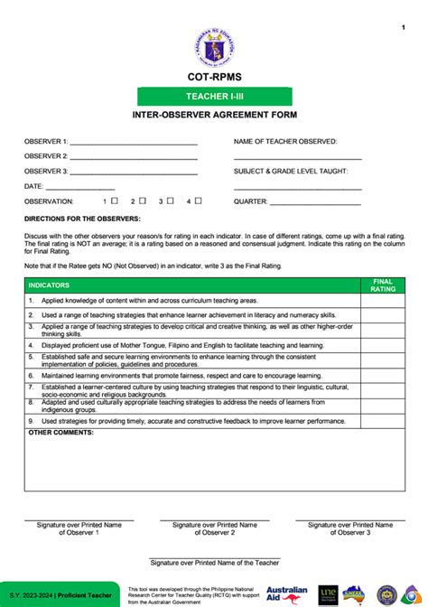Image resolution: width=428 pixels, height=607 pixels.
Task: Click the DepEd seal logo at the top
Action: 213,42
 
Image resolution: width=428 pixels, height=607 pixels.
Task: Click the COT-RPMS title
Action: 213,79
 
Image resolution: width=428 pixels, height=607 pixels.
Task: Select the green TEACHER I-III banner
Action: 214,97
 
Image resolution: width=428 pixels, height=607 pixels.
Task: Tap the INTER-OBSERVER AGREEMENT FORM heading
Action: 214,116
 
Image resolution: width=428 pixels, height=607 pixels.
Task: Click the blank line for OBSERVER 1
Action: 133,144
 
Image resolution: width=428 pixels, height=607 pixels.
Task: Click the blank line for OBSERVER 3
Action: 133,173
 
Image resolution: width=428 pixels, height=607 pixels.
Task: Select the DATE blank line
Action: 79,188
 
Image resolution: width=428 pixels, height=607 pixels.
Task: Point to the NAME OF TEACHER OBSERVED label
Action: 285,141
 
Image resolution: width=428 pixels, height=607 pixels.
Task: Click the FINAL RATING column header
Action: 384,285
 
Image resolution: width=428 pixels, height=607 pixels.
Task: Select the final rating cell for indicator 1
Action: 384,300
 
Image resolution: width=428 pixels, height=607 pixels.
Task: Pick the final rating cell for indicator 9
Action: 384,421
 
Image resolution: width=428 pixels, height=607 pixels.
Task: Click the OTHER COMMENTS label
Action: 60,433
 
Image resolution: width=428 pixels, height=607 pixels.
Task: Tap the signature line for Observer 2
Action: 215,520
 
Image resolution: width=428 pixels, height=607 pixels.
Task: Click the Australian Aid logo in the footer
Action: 287,593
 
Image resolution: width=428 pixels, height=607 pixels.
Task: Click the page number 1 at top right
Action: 403,28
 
